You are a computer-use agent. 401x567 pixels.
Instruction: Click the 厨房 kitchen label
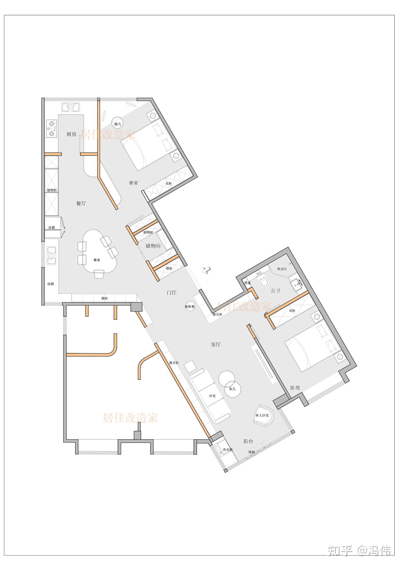click(71, 134)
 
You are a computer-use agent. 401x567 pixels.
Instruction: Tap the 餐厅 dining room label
click(81, 203)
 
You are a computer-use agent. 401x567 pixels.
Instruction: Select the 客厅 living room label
click(216, 344)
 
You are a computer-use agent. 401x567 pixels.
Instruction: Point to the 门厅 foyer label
click(171, 292)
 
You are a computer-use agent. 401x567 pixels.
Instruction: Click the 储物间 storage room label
click(153, 246)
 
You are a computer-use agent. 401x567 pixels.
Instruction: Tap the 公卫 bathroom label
click(275, 291)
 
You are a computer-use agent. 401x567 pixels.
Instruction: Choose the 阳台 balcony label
click(248, 441)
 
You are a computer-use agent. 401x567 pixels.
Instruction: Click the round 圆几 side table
click(118, 124)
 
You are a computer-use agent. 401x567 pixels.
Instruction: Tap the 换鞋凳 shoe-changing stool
click(190, 306)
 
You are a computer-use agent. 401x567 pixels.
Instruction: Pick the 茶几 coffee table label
click(232, 389)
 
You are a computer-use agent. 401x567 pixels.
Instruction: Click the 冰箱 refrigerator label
click(52, 227)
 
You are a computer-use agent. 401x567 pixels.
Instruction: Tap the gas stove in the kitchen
click(52, 129)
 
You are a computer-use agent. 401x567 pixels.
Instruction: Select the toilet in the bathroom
click(263, 281)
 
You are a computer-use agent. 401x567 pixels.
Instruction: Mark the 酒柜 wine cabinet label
click(104, 298)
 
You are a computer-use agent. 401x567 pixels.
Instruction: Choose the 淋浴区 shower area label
click(282, 269)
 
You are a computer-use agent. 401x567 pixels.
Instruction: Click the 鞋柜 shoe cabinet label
click(169, 268)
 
